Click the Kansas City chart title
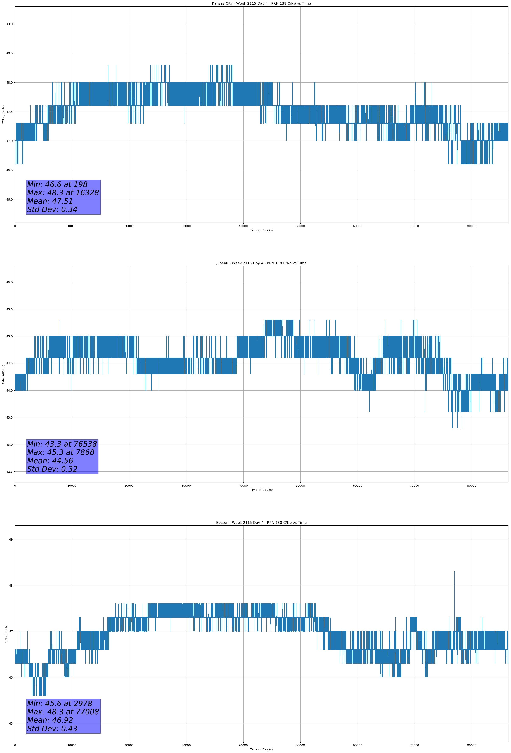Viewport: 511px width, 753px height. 261,4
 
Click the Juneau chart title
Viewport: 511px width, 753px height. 261,263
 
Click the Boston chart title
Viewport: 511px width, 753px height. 261,523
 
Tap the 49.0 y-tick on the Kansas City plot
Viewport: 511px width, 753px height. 9,24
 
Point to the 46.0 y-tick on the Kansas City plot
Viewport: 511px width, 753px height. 9,199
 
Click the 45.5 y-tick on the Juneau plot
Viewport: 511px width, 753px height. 9,309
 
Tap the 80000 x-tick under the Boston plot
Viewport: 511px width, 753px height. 472,745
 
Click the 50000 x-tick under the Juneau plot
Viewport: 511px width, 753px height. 300,486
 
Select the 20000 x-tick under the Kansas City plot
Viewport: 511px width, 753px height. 129,226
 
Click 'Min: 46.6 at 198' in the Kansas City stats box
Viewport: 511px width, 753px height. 57,185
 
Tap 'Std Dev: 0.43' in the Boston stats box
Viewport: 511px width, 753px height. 52,729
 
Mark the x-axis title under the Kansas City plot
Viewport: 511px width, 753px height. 261,230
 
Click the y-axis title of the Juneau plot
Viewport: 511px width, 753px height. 4,374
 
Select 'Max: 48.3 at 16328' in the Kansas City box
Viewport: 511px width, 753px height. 63,193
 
